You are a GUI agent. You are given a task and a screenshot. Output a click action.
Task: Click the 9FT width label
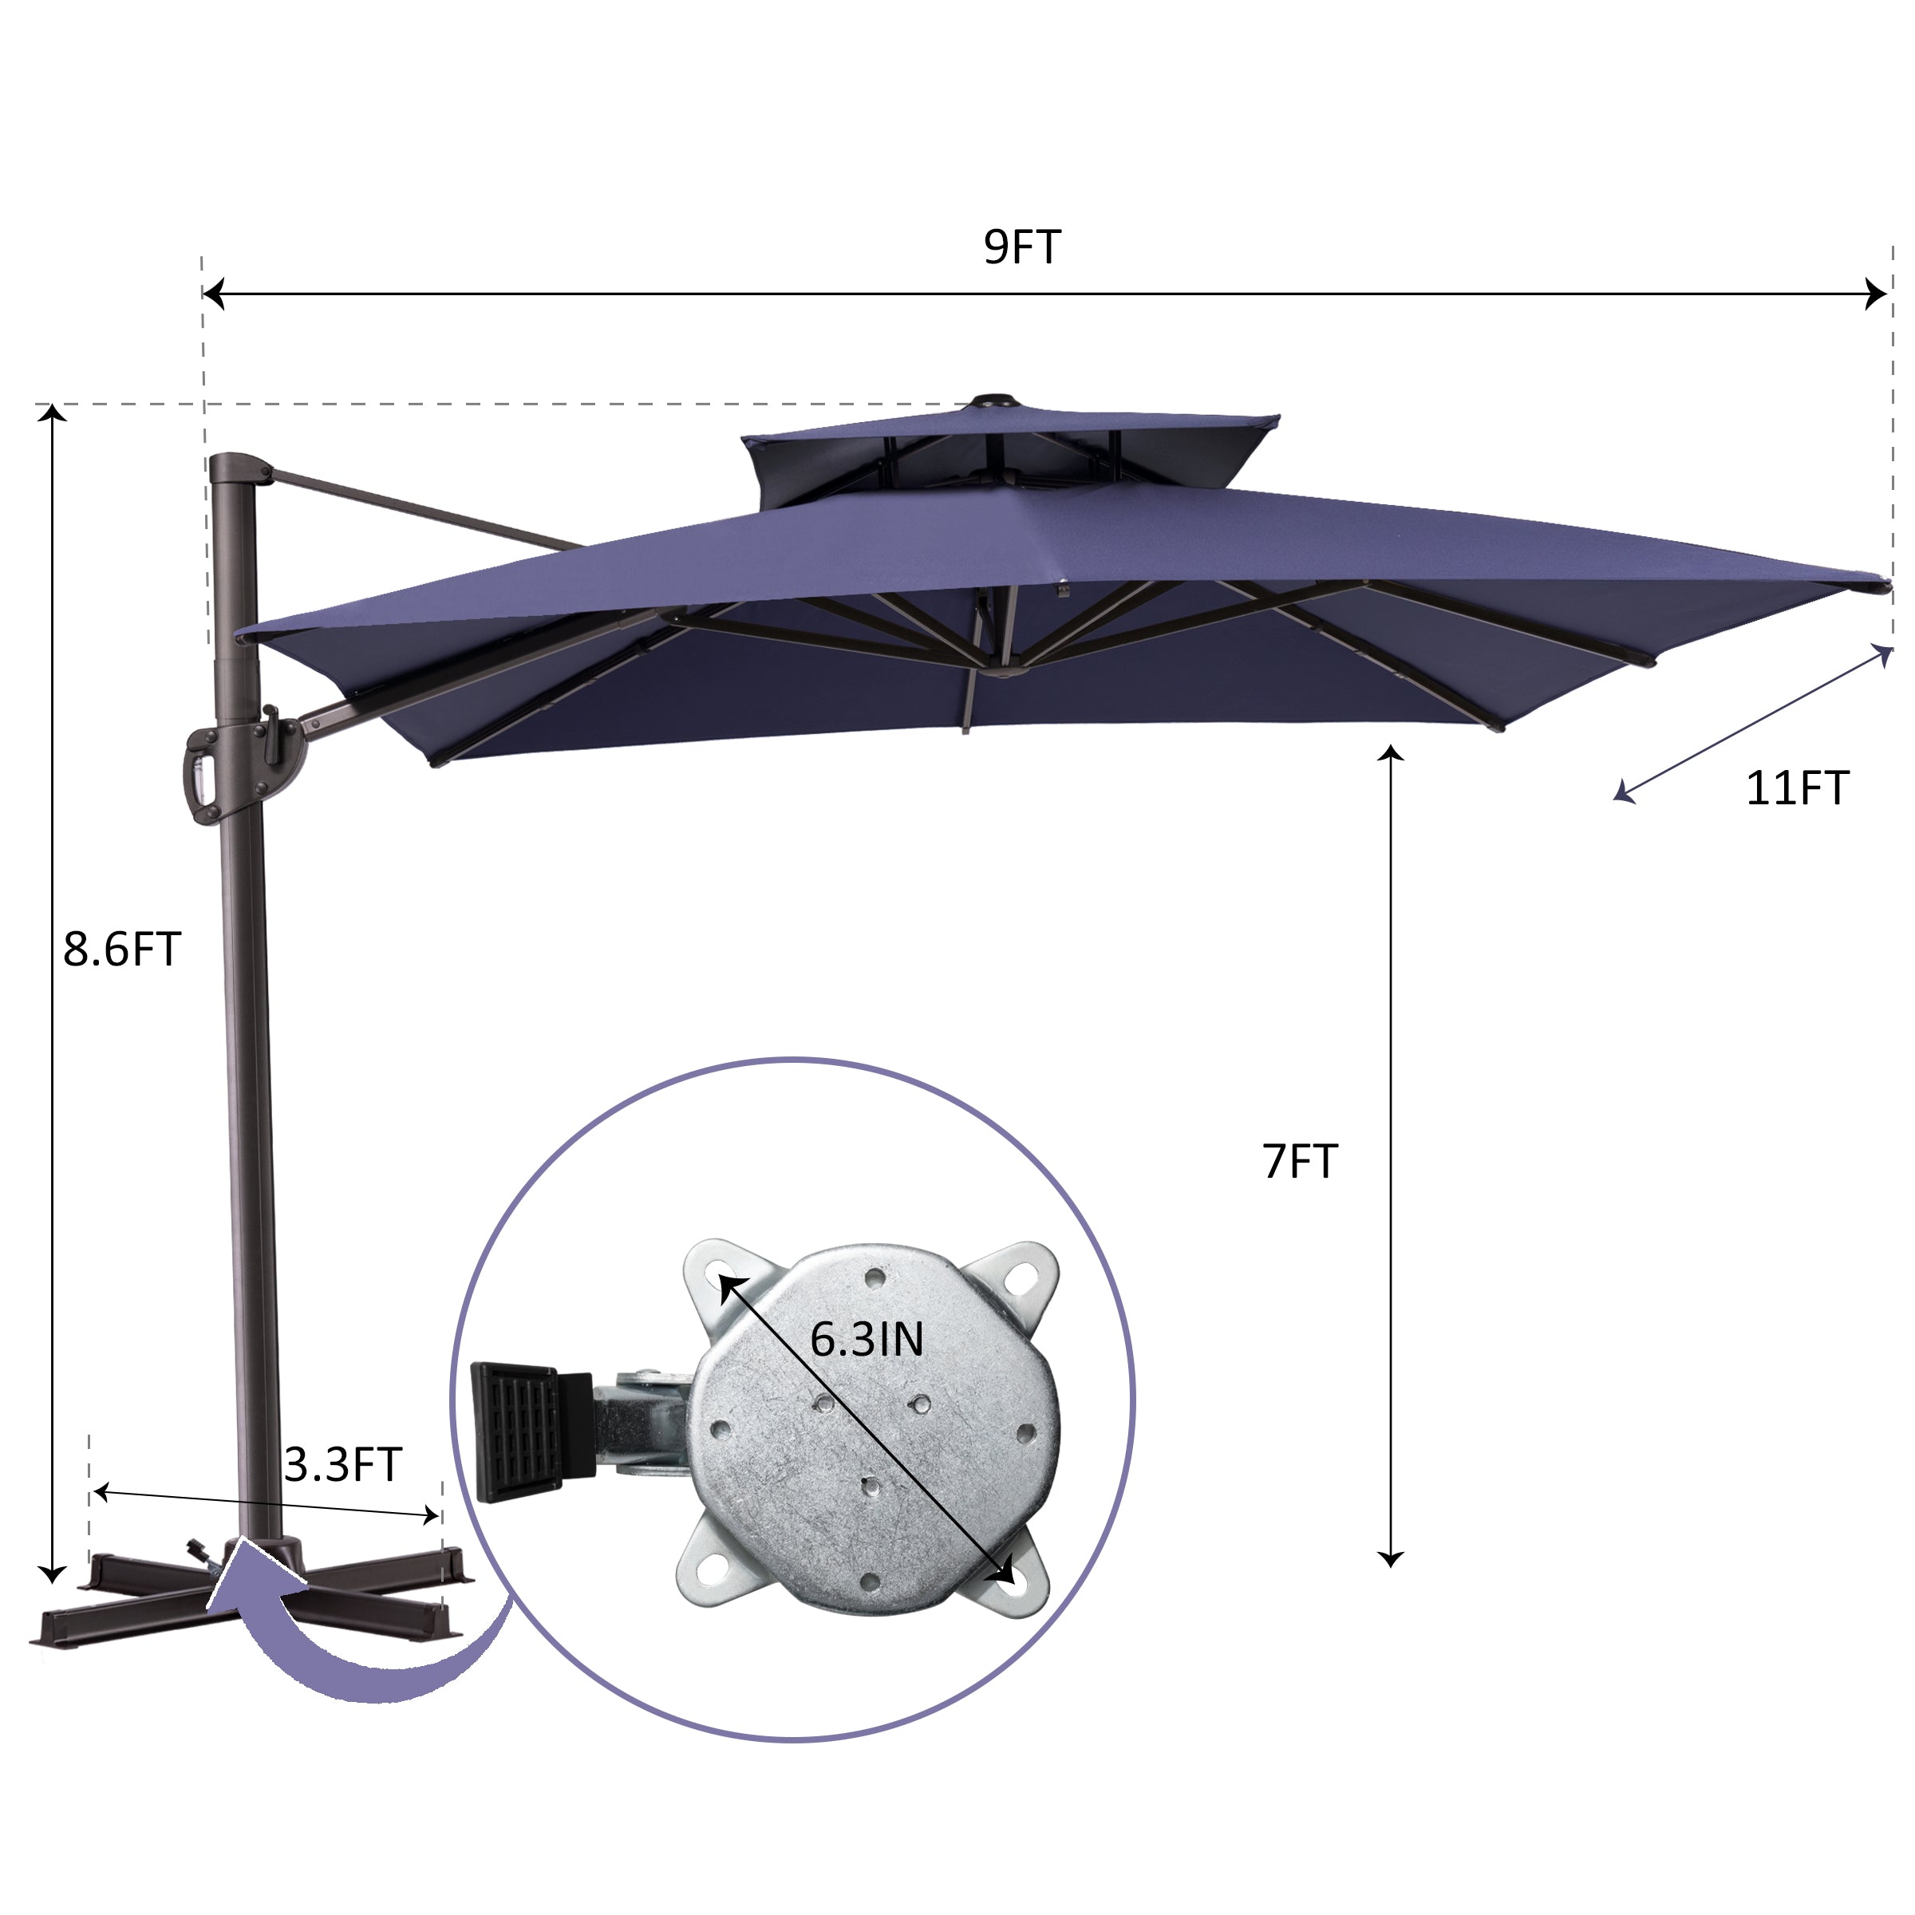click(1022, 247)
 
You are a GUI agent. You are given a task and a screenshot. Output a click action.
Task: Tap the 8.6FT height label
click(122, 949)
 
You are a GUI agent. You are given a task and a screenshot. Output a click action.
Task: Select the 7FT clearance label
click(1300, 1161)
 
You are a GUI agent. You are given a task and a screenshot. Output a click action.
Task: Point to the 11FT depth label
click(1797, 788)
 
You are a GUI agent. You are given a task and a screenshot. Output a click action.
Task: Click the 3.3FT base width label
click(343, 1464)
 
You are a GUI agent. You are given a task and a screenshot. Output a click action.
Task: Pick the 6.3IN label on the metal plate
click(867, 1339)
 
